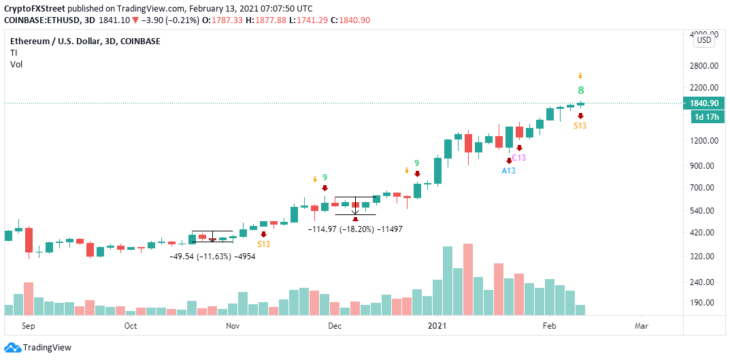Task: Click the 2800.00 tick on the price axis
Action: click(x=703, y=66)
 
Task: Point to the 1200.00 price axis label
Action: click(x=703, y=140)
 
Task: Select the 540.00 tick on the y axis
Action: click(x=703, y=210)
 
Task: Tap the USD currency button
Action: click(x=704, y=41)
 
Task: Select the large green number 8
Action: click(x=581, y=90)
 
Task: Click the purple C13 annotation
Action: click(x=519, y=158)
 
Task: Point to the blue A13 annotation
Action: click(x=508, y=170)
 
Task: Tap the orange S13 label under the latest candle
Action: click(x=580, y=126)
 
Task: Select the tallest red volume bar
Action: click(x=468, y=279)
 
